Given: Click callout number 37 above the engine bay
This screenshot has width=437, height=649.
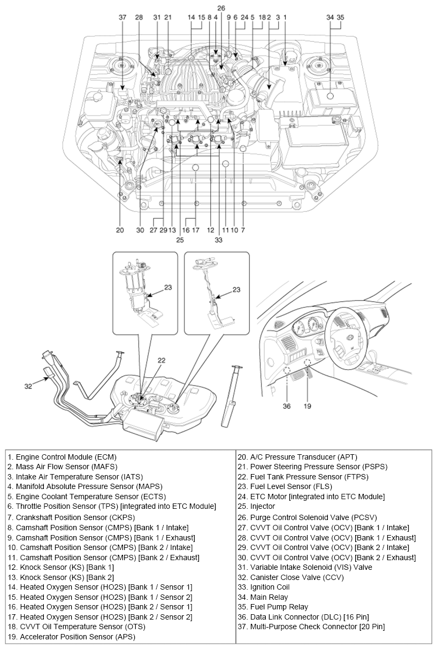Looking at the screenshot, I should pos(122,17).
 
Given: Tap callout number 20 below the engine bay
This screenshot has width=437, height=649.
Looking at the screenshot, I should pos(120,230).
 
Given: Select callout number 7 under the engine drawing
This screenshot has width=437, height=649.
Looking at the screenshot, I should pos(243,230).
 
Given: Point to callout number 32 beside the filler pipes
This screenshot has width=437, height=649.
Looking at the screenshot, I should pos(28,384).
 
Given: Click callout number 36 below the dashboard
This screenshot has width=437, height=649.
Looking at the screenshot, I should pos(287,406).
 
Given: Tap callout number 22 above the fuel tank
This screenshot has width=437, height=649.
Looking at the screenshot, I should pos(162,360).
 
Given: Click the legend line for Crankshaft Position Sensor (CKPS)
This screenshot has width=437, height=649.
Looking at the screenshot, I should pos(71,517).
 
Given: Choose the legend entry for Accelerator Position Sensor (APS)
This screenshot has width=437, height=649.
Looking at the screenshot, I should pos(71,637).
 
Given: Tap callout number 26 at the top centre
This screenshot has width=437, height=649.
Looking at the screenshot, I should pos(221,8).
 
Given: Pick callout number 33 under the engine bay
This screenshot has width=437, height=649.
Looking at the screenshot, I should pos(218,240).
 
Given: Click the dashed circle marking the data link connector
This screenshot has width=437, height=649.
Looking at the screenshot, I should pos(287,371).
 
